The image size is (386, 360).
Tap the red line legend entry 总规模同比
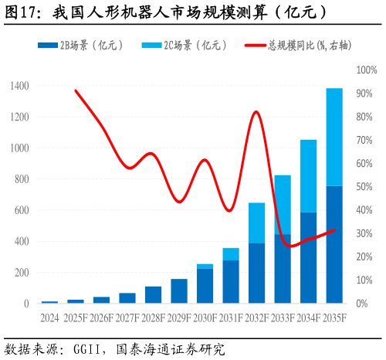(296, 46)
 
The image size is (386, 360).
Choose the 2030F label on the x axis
(205, 318)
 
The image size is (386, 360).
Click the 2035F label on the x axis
(334, 318)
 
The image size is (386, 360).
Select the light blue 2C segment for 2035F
(334, 137)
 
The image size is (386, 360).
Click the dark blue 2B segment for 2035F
(334, 244)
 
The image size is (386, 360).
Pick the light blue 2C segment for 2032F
(256, 222)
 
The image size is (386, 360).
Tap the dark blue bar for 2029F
(179, 290)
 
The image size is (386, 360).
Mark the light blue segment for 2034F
(308, 175)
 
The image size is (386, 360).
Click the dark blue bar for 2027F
(127, 298)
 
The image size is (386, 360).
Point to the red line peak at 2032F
(256, 112)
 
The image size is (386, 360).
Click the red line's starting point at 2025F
(76, 90)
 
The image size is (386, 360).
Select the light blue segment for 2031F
(231, 254)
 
